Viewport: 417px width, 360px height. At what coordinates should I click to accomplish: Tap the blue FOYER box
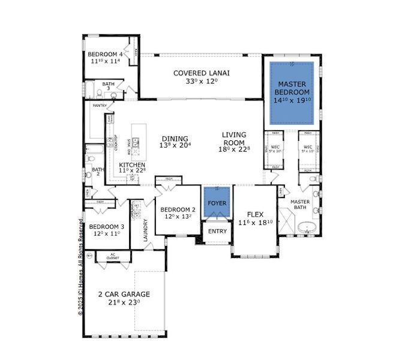[217, 203]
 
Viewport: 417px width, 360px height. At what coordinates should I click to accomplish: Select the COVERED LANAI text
[202, 73]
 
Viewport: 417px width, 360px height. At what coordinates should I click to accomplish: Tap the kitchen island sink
[136, 143]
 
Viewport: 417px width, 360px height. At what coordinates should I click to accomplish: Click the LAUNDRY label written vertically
[145, 230]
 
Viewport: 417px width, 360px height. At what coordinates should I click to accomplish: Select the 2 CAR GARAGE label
[124, 294]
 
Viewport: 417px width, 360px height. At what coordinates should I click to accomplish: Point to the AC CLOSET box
[112, 257]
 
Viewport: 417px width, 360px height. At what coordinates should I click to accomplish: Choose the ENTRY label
[217, 231]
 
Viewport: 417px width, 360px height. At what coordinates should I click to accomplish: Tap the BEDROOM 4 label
[106, 54]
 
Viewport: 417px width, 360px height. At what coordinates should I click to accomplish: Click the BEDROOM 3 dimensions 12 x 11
[106, 234]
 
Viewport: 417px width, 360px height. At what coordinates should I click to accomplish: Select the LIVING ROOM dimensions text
[234, 150]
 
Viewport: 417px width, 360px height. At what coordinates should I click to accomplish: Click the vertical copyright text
[80, 264]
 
